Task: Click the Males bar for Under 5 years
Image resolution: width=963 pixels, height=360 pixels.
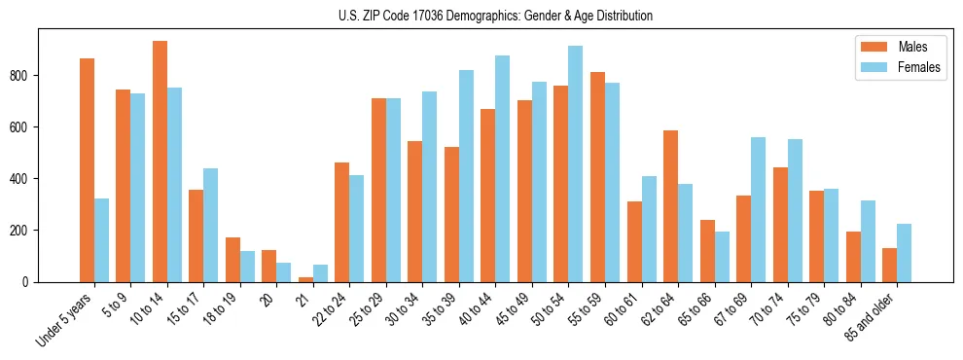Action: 87,170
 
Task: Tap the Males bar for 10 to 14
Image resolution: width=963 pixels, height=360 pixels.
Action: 160,162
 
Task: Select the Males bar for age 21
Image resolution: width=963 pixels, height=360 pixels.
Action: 305,279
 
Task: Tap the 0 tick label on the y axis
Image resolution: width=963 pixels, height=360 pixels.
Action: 28,282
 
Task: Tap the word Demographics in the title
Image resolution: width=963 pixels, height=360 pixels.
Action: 500,17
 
